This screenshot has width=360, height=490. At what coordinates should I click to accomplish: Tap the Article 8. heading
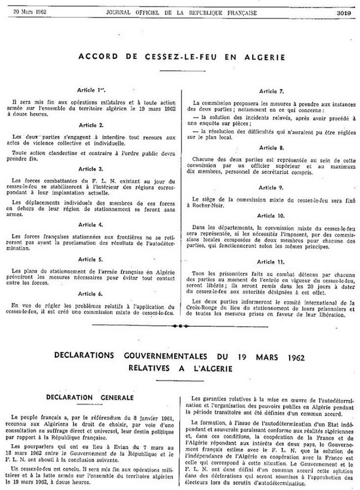271,148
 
